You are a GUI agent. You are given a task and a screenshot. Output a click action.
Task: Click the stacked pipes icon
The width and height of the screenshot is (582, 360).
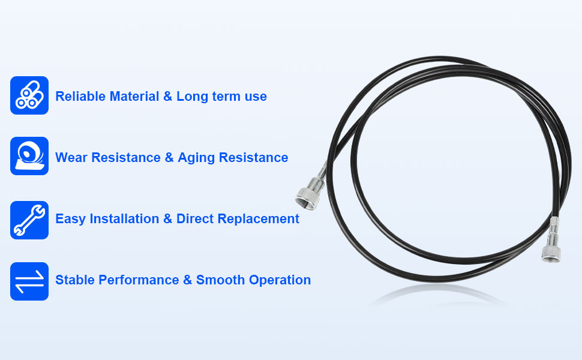pyautogui.click(x=29, y=95)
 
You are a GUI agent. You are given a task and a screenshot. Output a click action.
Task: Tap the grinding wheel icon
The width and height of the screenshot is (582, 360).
pyautogui.click(x=29, y=156)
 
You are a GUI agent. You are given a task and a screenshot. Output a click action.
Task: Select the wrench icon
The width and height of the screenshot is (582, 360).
pyautogui.click(x=29, y=220)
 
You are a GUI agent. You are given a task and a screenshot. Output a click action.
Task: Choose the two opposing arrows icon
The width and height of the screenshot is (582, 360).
pyautogui.click(x=29, y=281)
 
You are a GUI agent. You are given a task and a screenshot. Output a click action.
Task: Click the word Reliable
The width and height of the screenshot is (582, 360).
pyautogui.click(x=80, y=96)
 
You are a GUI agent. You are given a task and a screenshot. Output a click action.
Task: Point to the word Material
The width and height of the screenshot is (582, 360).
pyautogui.click(x=134, y=96)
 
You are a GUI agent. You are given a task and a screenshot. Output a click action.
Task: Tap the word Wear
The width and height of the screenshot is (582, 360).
pyautogui.click(x=71, y=157)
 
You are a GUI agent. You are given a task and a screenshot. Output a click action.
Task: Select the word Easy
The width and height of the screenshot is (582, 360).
pyautogui.click(x=71, y=219)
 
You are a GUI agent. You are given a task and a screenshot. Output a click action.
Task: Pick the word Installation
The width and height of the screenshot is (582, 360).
pyautogui.click(x=124, y=218)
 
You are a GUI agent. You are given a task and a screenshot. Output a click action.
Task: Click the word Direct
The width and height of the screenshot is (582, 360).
pyautogui.click(x=195, y=218)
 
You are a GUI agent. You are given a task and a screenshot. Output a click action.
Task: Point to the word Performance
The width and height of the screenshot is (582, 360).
pyautogui.click(x=139, y=280)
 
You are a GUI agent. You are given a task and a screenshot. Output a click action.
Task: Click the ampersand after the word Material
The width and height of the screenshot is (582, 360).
pyautogui.click(x=168, y=96)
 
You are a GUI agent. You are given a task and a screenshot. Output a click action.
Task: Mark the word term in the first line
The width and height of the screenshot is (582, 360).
pyautogui.click(x=226, y=97)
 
